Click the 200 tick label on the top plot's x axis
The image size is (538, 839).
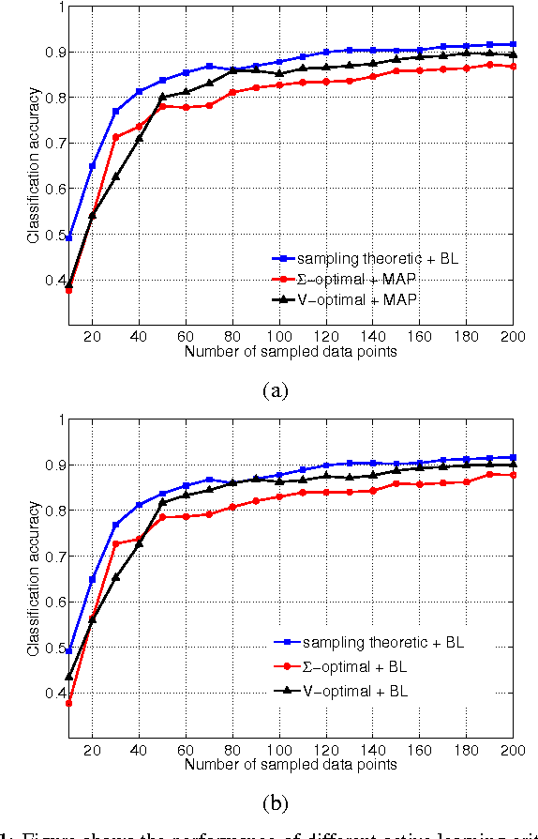512,336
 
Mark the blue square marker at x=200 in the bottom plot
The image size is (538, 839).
513,457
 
